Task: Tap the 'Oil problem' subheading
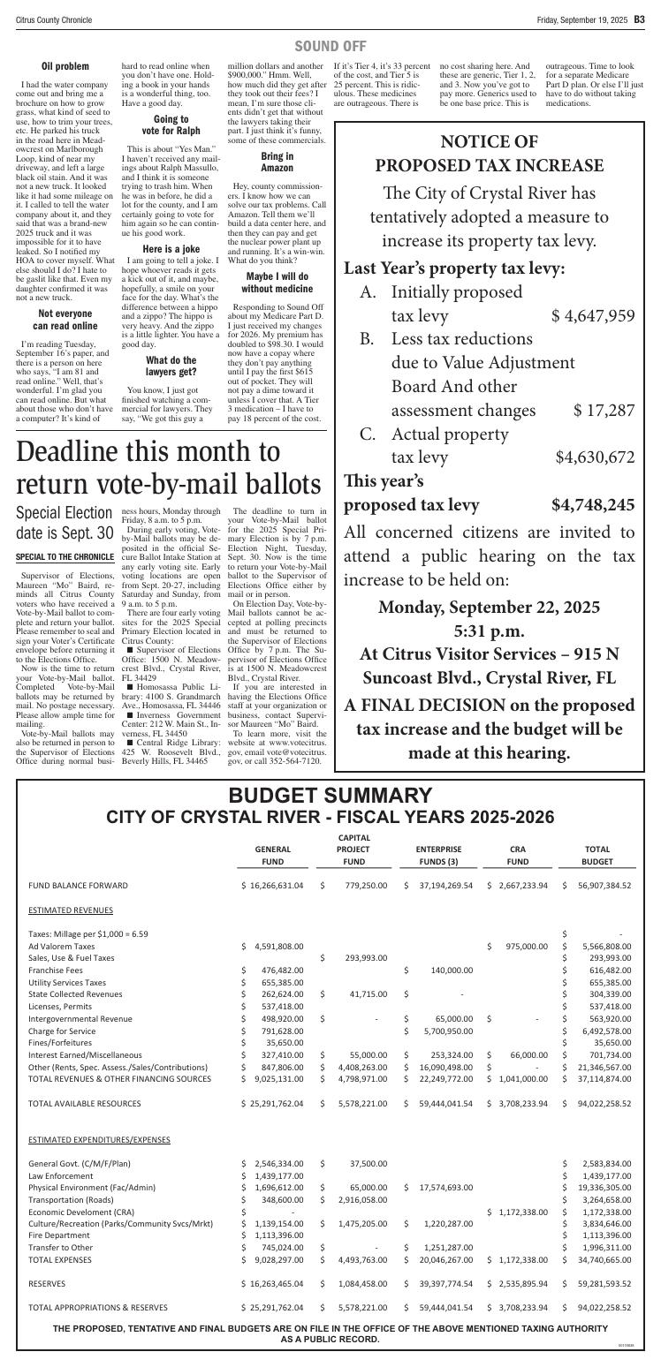[65, 66]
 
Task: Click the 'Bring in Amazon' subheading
[277, 162]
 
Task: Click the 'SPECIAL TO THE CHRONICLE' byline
[65, 557]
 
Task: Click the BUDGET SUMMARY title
[330, 771]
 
